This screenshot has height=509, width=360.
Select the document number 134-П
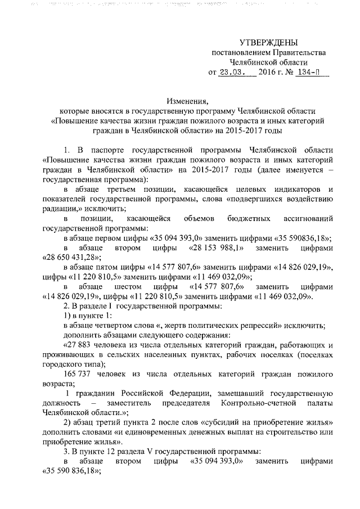click(x=312, y=73)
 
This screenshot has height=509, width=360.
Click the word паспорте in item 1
click(x=105, y=150)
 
